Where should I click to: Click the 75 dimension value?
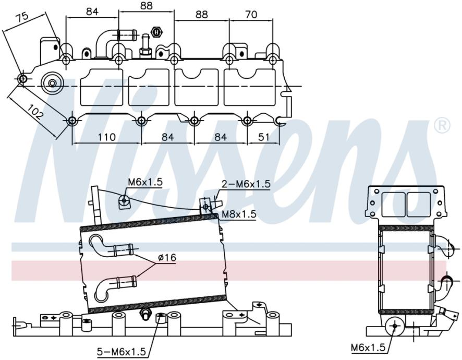[x=22, y=18]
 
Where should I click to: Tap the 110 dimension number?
[x=106, y=137]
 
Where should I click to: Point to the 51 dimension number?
[x=263, y=137]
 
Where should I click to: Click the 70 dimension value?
[x=251, y=14]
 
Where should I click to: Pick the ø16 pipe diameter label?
[x=167, y=258]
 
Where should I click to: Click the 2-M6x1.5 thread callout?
[x=246, y=184]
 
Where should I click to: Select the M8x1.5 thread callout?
[x=239, y=214]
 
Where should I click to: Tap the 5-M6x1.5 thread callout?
[x=121, y=352]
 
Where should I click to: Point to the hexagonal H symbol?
[x=157, y=31]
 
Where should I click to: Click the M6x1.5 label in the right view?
[x=368, y=347]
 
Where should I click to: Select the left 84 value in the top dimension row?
[x=92, y=11]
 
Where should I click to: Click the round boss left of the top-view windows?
[x=53, y=83]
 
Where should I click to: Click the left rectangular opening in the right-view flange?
[x=393, y=203]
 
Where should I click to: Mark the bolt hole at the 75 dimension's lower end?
[x=23, y=79]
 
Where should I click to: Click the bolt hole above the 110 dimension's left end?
[x=72, y=121]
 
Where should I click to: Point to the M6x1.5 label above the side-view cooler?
[x=145, y=182]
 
